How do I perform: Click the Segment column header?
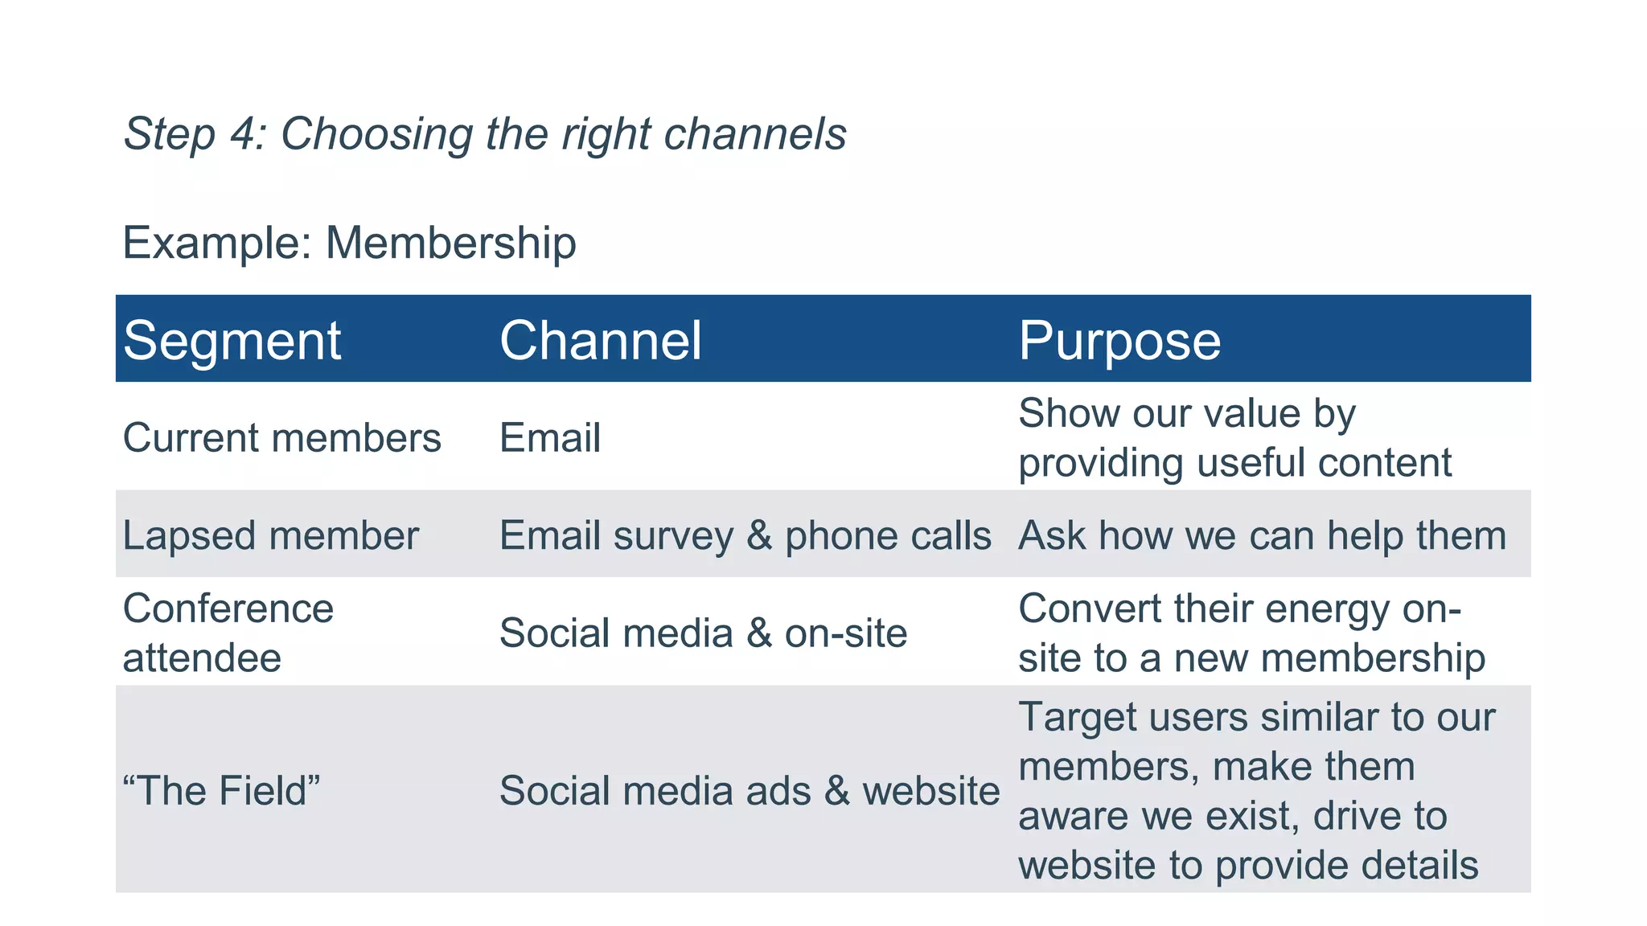pyautogui.click(x=232, y=341)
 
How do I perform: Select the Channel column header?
pyautogui.click(x=600, y=341)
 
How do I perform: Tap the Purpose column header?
pyautogui.click(x=1119, y=341)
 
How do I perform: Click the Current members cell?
pyautogui.click(x=281, y=438)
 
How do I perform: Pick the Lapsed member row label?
pyautogui.click(x=270, y=535)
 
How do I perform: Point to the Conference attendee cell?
pyautogui.click(x=228, y=633)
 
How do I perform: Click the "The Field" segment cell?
pyautogui.click(x=221, y=791)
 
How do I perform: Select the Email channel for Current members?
pyautogui.click(x=549, y=438)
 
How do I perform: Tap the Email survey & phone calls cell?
pyautogui.click(x=745, y=535)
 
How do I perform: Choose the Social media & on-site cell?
pyautogui.click(x=703, y=633)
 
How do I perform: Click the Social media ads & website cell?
pyautogui.click(x=749, y=791)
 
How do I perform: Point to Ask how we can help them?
pyautogui.click(x=1261, y=535)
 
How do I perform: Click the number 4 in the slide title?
pyautogui.click(x=243, y=133)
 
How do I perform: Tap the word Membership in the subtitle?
pyautogui.click(x=450, y=243)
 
